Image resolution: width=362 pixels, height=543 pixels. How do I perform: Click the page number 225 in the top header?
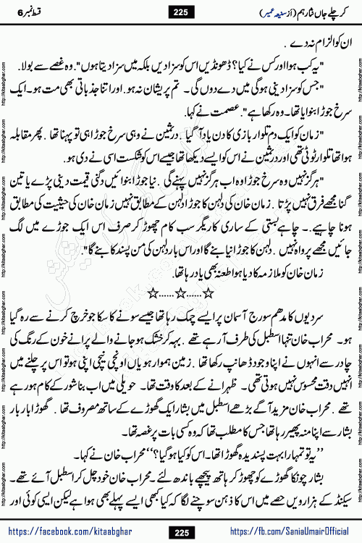click(181, 11)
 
